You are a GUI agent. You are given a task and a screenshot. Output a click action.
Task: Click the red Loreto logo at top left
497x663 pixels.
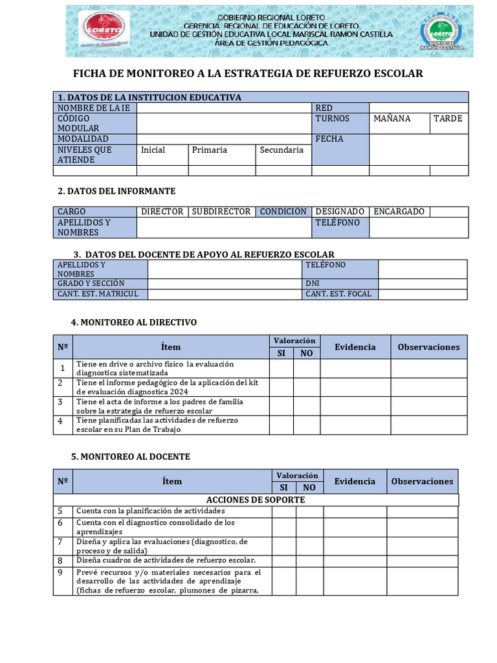[x=104, y=29]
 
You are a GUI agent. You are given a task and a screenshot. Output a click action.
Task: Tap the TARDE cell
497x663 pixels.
[x=448, y=118]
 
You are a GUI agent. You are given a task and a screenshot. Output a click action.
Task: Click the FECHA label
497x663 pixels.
[x=329, y=139]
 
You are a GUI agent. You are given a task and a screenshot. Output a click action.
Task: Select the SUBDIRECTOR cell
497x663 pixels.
[x=221, y=212]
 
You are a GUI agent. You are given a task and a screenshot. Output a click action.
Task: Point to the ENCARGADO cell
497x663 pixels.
[x=399, y=212]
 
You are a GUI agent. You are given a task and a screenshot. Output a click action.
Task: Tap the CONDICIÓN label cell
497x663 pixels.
[x=283, y=212]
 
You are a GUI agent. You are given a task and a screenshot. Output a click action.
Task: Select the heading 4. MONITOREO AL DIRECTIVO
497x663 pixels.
[x=134, y=322]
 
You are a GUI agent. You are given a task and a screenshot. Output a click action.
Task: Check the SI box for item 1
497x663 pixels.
[x=281, y=368]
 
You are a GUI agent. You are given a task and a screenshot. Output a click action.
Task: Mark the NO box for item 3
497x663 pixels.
[x=307, y=406]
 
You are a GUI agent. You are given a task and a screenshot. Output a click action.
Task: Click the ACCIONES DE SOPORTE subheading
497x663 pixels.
[x=256, y=500]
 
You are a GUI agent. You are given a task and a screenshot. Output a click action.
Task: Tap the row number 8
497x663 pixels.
[x=60, y=561]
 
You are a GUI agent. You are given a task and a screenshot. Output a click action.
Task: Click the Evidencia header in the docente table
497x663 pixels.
[x=355, y=481]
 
